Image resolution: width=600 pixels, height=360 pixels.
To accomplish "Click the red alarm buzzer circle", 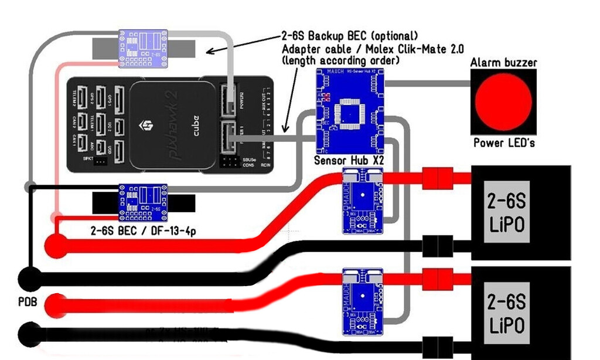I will [x=503, y=102].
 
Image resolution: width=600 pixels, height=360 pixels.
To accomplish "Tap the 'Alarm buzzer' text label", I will [x=503, y=62].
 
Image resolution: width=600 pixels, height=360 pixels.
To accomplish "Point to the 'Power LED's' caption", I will [x=503, y=142].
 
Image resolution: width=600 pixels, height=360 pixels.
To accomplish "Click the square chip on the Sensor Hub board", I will [x=350, y=112].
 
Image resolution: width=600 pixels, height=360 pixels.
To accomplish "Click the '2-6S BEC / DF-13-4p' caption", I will [x=143, y=230].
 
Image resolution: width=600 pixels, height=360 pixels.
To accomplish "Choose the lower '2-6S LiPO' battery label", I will [x=506, y=313].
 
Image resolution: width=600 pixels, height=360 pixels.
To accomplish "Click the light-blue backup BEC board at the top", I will [x=144, y=48].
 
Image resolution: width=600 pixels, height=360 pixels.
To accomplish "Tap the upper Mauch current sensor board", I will [x=363, y=201].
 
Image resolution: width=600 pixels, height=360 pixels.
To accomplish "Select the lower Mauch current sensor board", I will [x=363, y=300].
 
